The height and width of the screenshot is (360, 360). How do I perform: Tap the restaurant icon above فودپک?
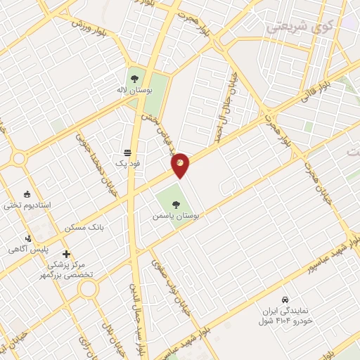pyautogui.click(x=127, y=152)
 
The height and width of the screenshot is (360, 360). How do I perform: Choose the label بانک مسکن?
pyautogui.click(x=84, y=228)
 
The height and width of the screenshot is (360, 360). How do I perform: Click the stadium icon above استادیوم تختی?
pyautogui.click(x=27, y=195)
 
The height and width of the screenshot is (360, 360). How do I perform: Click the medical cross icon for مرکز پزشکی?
pyautogui.click(x=67, y=254)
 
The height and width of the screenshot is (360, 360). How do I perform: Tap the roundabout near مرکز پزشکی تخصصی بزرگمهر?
pyautogui.click(x=88, y=289)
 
